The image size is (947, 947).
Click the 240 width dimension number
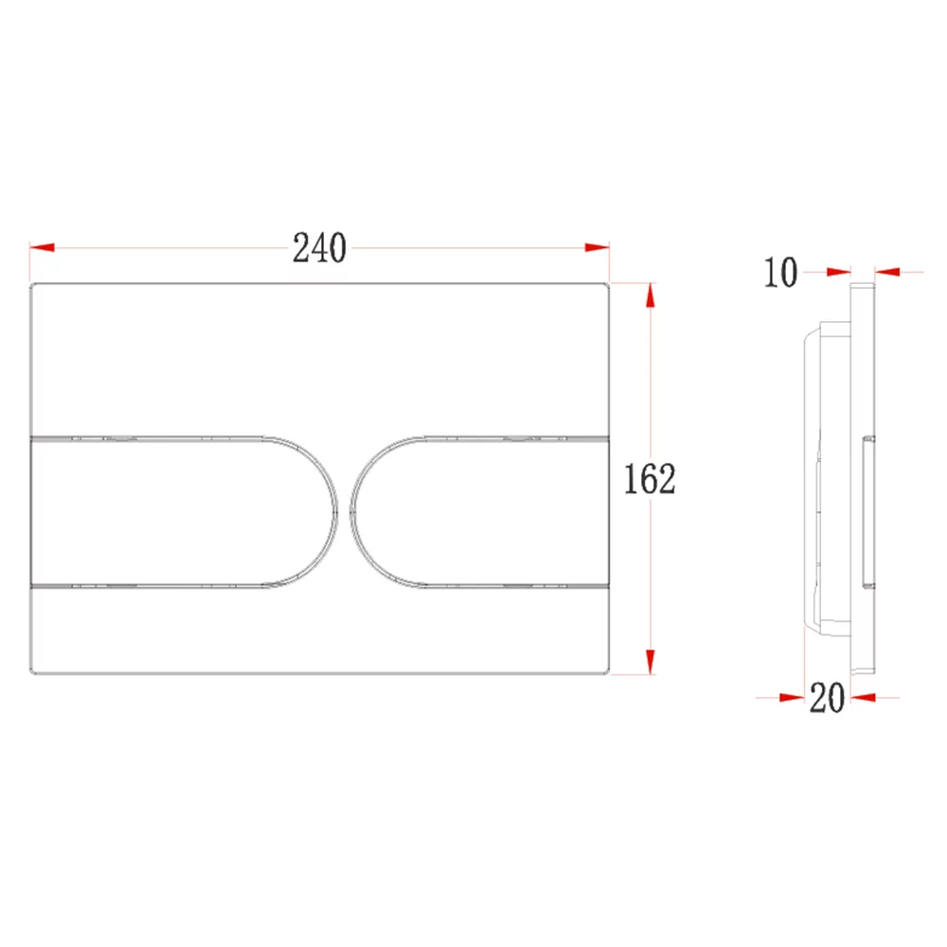319,247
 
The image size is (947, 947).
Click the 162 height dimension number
650,479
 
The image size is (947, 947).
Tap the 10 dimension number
780,273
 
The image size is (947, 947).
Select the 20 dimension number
827,698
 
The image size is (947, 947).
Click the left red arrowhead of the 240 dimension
42,247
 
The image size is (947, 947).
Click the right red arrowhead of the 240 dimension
598,247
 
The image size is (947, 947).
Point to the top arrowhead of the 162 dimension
651,295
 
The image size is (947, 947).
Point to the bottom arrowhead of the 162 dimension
651,661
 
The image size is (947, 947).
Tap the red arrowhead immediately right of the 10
839,273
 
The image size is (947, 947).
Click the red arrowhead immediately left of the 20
792,698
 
